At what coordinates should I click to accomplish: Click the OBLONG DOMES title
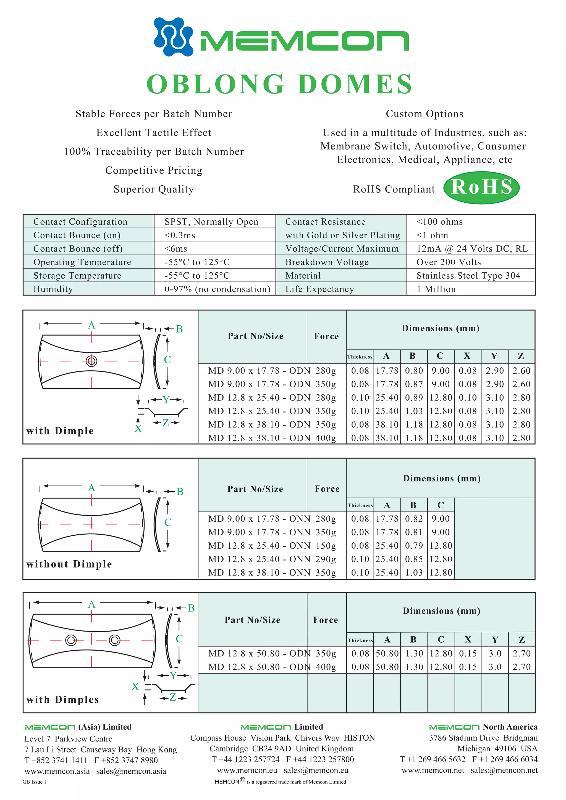click(x=279, y=84)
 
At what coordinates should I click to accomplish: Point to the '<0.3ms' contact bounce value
click(x=180, y=235)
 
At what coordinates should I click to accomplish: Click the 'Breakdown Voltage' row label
click(x=327, y=262)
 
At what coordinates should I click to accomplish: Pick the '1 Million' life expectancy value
click(x=436, y=289)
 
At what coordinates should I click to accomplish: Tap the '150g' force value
click(x=326, y=546)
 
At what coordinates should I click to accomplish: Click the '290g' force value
click(x=326, y=559)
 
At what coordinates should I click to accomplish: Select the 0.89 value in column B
click(x=414, y=398)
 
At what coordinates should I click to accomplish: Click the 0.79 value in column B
click(x=414, y=546)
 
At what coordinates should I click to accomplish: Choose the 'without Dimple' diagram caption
click(x=69, y=564)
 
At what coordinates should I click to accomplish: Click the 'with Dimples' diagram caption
click(x=62, y=700)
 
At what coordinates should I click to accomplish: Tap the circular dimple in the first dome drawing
click(x=91, y=361)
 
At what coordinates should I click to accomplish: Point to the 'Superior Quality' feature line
click(x=153, y=189)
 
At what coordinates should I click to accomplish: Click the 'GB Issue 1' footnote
click(x=34, y=782)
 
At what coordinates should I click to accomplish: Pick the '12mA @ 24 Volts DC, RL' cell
click(x=472, y=249)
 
